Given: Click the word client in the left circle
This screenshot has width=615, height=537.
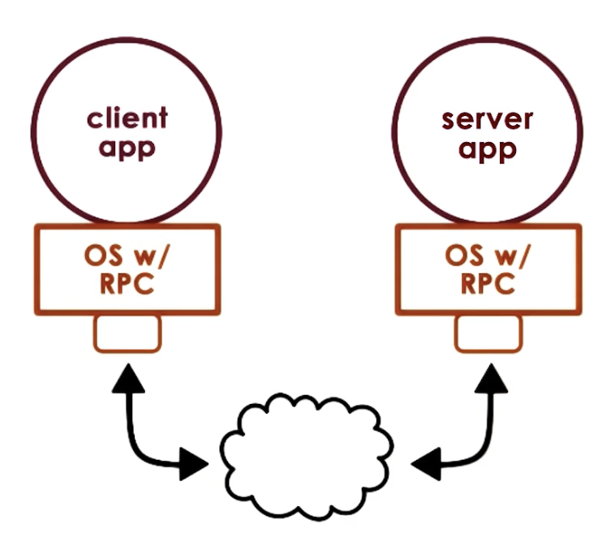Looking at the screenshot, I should (x=127, y=118).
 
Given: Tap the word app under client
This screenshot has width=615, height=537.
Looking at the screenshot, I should (x=127, y=148).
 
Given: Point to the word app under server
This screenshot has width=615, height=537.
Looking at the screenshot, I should (x=488, y=150).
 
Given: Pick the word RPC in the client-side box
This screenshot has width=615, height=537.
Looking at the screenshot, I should (x=126, y=285).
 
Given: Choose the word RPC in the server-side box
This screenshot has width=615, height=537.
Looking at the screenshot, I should (x=488, y=285).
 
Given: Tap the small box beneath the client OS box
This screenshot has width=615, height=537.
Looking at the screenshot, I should (x=127, y=333).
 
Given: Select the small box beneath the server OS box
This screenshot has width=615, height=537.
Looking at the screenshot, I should (x=488, y=333).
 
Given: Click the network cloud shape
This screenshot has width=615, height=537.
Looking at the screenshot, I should (x=307, y=454).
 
